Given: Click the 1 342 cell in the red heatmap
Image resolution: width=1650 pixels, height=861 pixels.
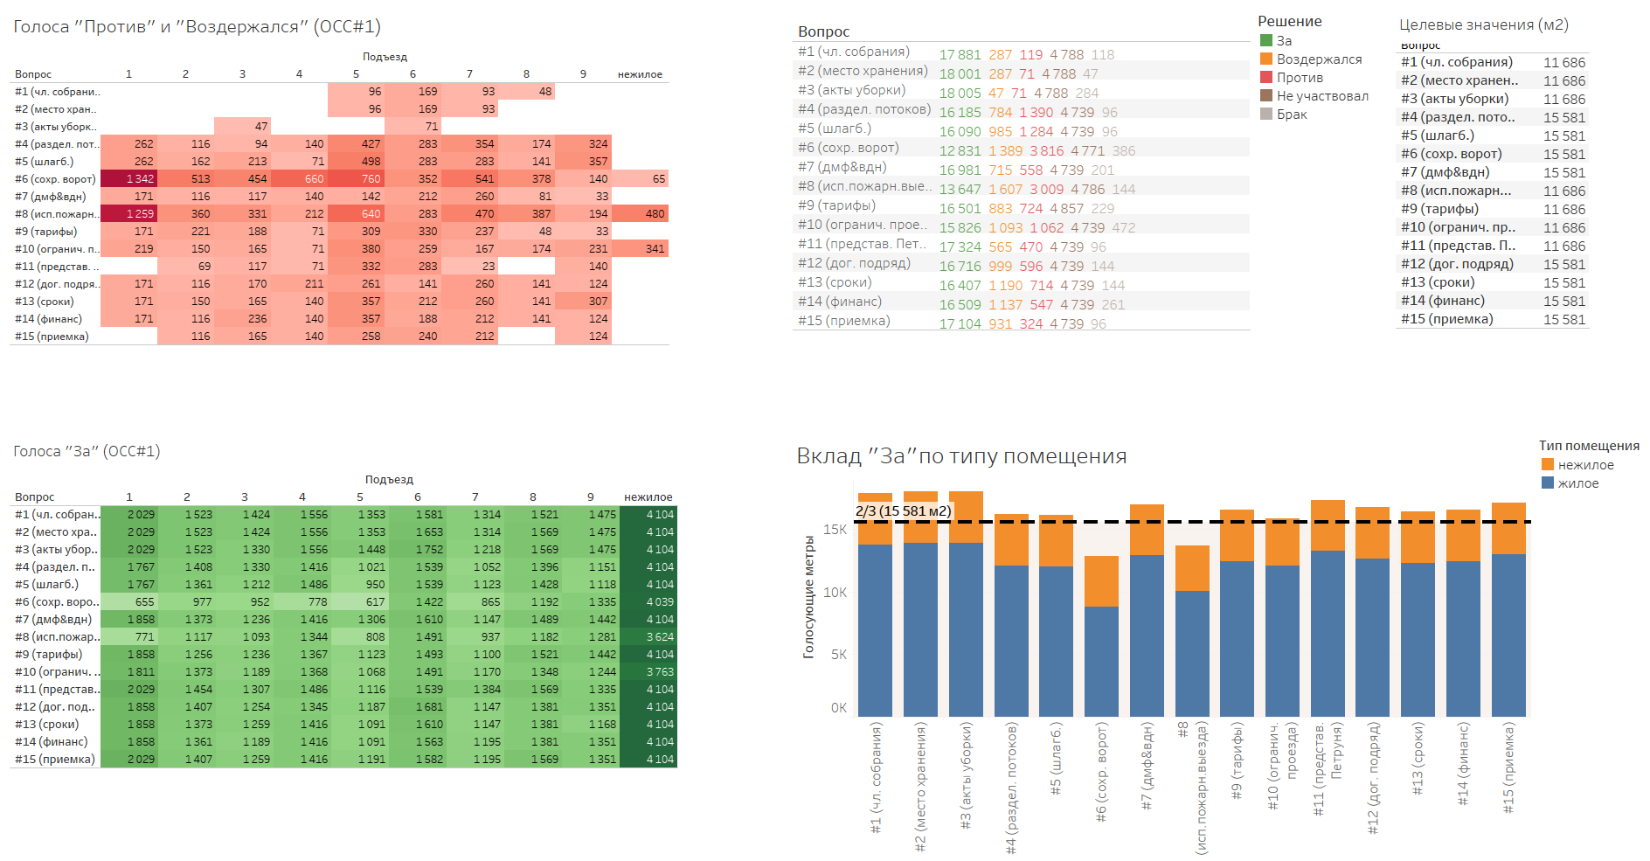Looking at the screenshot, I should (139, 179).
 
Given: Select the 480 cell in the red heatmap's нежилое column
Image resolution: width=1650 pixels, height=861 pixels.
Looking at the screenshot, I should (655, 214).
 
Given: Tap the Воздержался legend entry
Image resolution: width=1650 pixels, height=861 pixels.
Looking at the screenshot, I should (1319, 59).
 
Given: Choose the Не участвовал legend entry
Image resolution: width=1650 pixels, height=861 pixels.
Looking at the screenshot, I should (1322, 96).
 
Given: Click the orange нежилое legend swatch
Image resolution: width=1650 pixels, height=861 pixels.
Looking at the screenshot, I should (1548, 465).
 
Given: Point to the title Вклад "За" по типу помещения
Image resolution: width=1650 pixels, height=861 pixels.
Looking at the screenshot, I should (961, 456).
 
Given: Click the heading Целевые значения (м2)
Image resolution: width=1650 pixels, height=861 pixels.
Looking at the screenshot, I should (1483, 25).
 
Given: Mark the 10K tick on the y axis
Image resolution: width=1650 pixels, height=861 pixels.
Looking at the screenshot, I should (835, 593).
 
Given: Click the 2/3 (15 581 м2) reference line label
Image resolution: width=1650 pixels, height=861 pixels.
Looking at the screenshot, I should (903, 511).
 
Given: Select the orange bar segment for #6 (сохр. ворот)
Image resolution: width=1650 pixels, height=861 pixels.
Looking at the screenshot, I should (1101, 581).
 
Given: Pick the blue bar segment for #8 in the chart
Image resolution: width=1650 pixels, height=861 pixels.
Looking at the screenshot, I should (1192, 654).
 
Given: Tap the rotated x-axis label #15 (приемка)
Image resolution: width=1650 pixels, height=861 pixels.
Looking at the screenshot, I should (1508, 767).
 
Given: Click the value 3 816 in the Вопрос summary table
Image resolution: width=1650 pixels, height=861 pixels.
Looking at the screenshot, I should (1046, 151).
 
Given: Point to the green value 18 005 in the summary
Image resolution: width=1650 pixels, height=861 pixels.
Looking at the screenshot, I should (960, 94).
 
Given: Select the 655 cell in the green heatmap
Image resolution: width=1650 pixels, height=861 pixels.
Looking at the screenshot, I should (144, 602).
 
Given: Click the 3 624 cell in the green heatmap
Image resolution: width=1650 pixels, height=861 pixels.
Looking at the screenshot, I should (660, 637).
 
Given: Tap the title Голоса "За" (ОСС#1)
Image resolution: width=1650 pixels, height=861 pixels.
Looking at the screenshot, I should (87, 452).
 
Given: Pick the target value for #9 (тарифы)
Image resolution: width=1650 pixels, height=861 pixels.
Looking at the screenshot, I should (1563, 210).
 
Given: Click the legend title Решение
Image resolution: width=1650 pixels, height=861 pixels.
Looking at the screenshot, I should (1289, 22).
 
